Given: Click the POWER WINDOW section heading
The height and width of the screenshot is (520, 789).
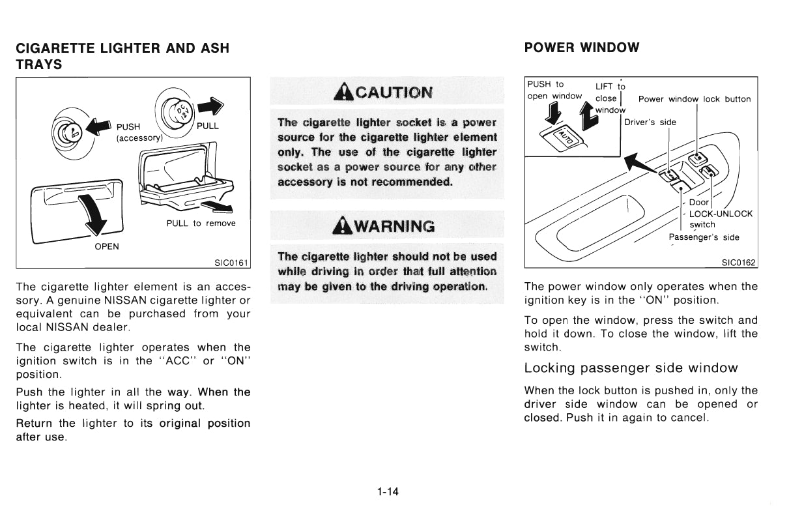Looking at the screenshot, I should [x=581, y=48].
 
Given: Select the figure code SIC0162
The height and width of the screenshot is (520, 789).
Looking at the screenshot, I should [x=738, y=263].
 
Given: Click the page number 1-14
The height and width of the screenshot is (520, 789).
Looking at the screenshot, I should [x=388, y=492].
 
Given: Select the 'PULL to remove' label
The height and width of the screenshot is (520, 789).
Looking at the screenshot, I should [x=201, y=224].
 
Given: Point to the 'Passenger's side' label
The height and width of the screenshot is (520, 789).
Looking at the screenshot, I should [x=704, y=237].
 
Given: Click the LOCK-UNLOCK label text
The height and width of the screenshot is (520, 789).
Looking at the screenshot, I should [x=720, y=214].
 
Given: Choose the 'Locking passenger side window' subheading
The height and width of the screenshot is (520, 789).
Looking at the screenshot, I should [x=631, y=368].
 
